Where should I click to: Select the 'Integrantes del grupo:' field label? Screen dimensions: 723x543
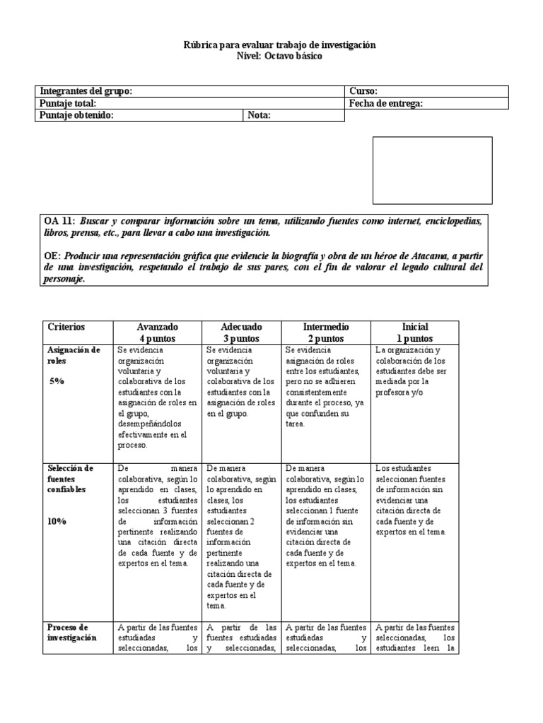tap(86, 92)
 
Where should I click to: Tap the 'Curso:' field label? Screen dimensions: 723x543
tap(363, 92)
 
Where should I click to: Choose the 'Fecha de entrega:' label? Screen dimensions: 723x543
tap(386, 104)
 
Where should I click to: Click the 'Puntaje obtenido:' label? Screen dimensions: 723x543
tap(77, 116)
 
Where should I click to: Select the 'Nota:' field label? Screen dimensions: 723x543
tap(259, 116)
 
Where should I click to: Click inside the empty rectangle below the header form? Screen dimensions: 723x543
tap(432, 170)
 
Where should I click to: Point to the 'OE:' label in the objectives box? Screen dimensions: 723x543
tap(53, 256)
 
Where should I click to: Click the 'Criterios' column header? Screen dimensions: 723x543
tap(66, 327)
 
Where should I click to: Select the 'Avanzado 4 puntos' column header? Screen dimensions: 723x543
tap(157, 333)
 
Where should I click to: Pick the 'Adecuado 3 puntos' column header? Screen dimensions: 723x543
tap(242, 333)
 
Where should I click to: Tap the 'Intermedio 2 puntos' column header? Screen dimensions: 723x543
tap(325, 333)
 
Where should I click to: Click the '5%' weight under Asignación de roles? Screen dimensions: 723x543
tap(56, 381)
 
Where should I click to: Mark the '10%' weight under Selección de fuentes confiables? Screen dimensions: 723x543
tap(57, 521)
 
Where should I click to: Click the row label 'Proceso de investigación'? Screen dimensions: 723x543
tap(71, 632)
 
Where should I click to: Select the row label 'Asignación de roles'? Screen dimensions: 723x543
tap(74, 354)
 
